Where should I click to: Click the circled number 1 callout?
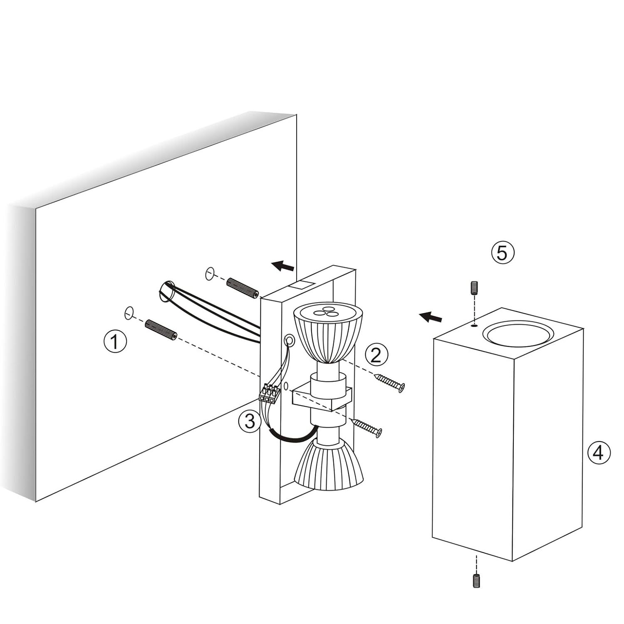(114, 342)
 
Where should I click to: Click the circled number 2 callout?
(376, 355)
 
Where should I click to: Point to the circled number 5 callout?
(503, 253)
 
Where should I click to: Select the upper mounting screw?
(390, 383)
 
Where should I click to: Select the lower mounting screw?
(367, 428)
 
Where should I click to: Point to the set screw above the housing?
(473, 288)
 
